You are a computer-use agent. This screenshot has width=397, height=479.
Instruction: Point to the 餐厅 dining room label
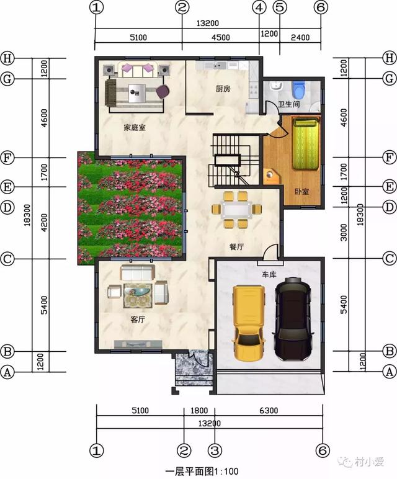pyautogui.click(x=236, y=246)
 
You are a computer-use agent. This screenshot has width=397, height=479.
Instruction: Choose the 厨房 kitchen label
pyautogui.click(x=223, y=89)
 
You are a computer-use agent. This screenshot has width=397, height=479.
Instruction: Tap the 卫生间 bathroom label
pyautogui.click(x=288, y=105)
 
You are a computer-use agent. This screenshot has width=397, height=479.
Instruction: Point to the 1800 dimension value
pyautogui.click(x=199, y=410)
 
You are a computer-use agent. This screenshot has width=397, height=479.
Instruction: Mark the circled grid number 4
pyautogui.click(x=259, y=8)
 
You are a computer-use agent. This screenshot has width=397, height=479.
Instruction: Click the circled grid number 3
pyautogui.click(x=215, y=449)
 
